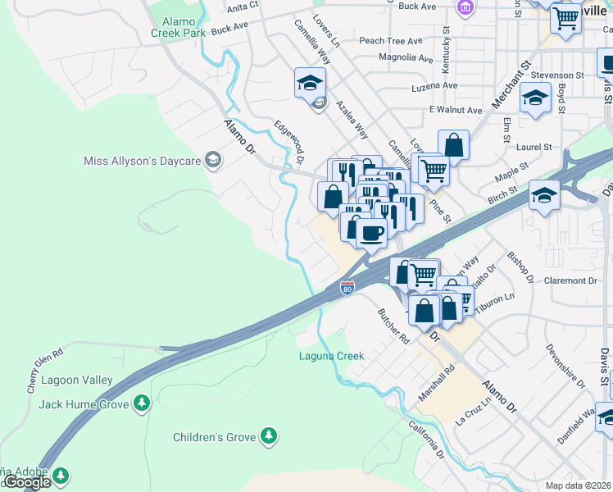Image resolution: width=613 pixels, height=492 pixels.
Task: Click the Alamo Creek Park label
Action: click(178, 27)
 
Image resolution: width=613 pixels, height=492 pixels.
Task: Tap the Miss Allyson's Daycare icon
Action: click(213, 160)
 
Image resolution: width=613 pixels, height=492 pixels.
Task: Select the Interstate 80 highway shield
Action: click(347, 288)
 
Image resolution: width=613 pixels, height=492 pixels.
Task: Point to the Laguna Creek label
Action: click(331, 356)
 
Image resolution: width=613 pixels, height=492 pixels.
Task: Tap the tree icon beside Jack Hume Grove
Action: click(143, 403)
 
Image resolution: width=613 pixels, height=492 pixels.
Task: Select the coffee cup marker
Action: click(371, 232)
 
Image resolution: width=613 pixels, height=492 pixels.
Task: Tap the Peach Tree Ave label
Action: click(390, 41)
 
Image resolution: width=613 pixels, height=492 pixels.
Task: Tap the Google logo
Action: click(28, 482)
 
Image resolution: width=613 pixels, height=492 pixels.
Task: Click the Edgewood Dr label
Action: click(294, 140)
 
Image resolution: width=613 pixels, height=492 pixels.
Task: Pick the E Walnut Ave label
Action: click(456, 110)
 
